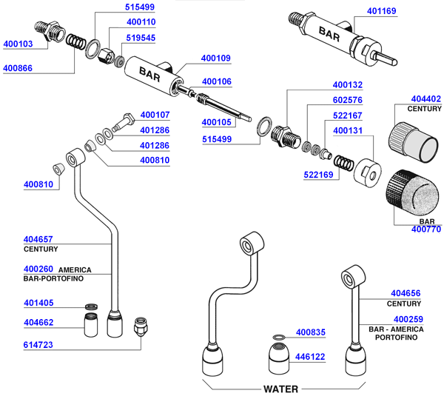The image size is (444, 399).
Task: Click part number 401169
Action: [382, 12]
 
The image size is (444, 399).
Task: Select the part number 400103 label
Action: [18, 44]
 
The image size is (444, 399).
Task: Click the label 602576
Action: [348, 100]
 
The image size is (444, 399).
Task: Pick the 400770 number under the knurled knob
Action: [425, 229]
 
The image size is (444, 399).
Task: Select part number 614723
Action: [38, 345]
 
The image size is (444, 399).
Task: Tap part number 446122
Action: [311, 356]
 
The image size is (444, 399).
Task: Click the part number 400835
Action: [311, 332]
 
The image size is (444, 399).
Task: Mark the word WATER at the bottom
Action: [281, 389]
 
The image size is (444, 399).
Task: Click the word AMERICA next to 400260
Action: [75, 269]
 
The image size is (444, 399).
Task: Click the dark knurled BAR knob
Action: [411, 192]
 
